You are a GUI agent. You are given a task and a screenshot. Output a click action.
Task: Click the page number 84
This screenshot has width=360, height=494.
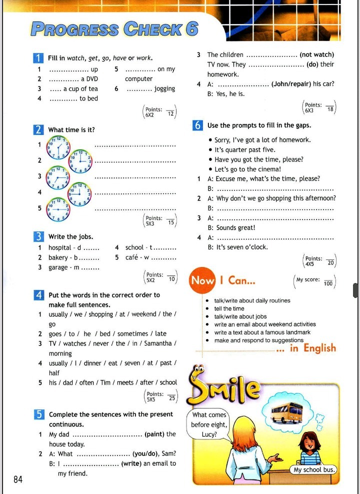18,479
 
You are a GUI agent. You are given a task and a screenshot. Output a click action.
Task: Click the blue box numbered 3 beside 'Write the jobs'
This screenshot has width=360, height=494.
39,236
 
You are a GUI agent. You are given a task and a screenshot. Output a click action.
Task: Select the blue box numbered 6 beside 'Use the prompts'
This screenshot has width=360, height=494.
198,125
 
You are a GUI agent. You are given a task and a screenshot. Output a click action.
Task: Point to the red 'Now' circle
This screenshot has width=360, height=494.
202,280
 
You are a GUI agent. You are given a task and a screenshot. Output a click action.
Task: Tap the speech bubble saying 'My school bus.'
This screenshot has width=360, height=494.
313,470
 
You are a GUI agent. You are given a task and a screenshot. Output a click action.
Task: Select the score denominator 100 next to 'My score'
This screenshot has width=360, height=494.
328,283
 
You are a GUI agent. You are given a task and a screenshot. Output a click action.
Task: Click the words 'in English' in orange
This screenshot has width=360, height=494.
312,348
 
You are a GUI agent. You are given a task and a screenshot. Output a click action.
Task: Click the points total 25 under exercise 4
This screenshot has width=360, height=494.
172,398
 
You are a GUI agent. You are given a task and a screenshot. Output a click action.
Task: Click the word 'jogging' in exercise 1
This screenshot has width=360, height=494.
164,88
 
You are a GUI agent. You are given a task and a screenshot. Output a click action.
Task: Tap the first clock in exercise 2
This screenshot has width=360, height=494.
58,146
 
